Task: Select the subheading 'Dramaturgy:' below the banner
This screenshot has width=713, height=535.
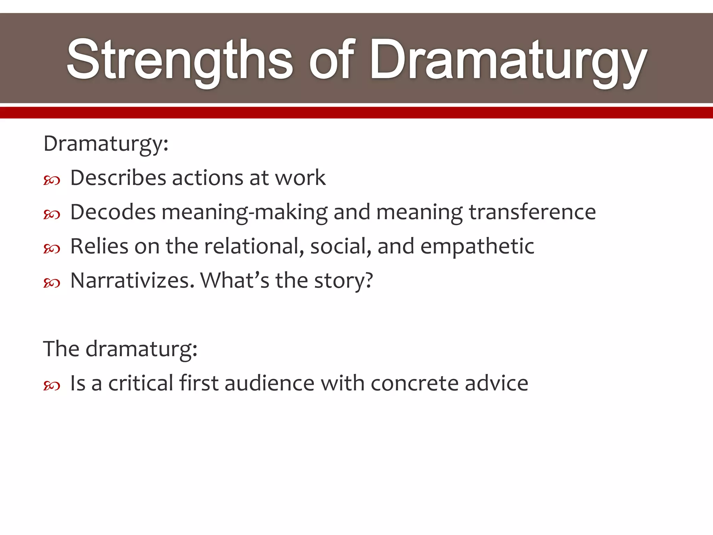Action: coord(106,144)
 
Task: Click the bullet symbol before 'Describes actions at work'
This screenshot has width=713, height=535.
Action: coord(52,180)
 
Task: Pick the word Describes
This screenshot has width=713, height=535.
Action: coord(118,178)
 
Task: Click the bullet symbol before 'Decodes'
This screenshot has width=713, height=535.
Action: coord(52,215)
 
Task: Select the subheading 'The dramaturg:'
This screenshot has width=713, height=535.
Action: coord(120,349)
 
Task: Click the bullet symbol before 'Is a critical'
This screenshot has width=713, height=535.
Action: coord(52,386)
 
